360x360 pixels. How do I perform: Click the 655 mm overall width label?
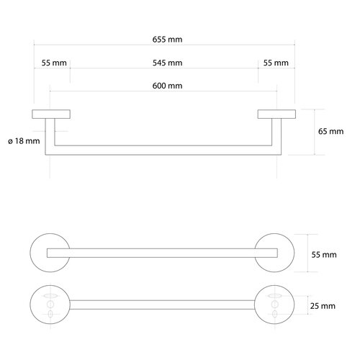[167, 40]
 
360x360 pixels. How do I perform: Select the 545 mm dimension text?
[167, 63]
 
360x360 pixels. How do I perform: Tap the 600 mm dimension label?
[167, 86]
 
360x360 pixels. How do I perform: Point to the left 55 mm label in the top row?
[54, 63]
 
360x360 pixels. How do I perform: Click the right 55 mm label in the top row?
[276, 63]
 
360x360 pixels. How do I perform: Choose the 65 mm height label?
[330, 131]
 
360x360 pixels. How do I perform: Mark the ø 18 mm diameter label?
[24, 141]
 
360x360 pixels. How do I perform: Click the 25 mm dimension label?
[323, 306]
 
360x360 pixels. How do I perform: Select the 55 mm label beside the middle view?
[324, 255]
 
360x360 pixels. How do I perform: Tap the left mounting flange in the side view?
[51, 114]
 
